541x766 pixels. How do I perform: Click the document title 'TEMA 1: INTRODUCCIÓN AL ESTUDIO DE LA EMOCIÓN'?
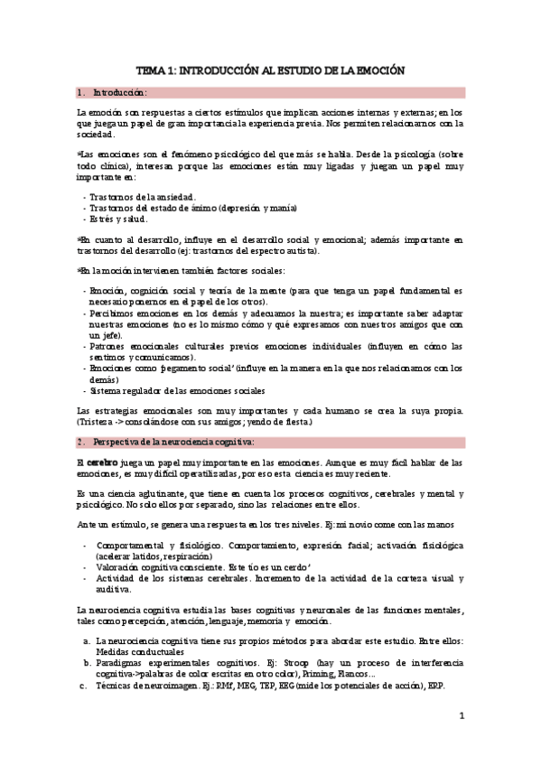[270, 70]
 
